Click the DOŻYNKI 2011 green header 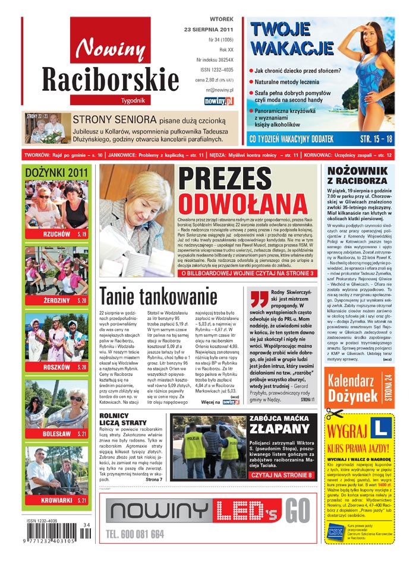click(x=56, y=172)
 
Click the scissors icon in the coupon click(x=335, y=414)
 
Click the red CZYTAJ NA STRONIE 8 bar click(x=282, y=475)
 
